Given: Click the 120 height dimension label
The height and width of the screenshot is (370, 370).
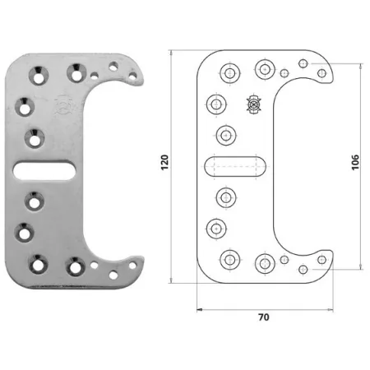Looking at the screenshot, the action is click(x=164, y=163).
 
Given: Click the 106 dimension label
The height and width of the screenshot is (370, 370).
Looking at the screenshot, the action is click(x=355, y=163).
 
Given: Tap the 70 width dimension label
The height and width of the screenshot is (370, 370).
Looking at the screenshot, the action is click(x=264, y=317).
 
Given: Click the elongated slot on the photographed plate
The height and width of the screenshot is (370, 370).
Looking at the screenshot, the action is click(x=44, y=170).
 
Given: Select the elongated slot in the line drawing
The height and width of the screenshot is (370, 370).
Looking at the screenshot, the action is click(x=235, y=166).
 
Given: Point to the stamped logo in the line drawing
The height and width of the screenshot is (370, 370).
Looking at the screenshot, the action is click(x=254, y=104).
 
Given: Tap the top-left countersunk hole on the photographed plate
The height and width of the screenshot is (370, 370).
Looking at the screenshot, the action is click(x=39, y=75).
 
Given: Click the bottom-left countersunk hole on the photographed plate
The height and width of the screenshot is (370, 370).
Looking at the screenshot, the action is click(x=39, y=264).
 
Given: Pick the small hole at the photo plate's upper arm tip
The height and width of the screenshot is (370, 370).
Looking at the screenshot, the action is click(x=132, y=76).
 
